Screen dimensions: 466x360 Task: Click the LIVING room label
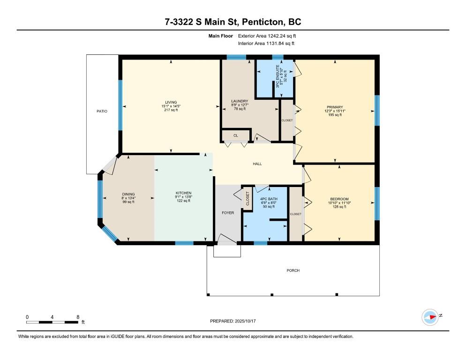pyautogui.click(x=171, y=102)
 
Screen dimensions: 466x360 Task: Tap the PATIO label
pyautogui.click(x=102, y=111)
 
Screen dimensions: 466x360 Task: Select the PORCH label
pyautogui.click(x=293, y=270)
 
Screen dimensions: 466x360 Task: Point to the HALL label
pyautogui.click(x=257, y=164)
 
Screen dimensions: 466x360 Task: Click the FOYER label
pyautogui.click(x=228, y=213)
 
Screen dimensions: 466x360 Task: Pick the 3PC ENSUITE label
pyautogui.click(x=278, y=76)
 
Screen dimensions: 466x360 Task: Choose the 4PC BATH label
pyautogui.click(x=269, y=199)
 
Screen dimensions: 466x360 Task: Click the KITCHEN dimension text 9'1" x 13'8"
pyautogui.click(x=183, y=197)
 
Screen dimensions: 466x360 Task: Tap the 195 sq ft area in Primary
pyautogui.click(x=335, y=115)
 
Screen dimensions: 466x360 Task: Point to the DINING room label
pyautogui.click(x=128, y=194)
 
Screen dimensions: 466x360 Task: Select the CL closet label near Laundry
pyautogui.click(x=236, y=135)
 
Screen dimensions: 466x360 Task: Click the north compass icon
pyautogui.click(x=430, y=317)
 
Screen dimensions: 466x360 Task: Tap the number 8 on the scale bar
pyautogui.click(x=78, y=317)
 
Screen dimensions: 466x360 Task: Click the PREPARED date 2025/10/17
pyautogui.click(x=245, y=321)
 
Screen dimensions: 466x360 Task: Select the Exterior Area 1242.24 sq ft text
pyautogui.click(x=267, y=36)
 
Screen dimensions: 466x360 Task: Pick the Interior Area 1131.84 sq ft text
pyautogui.click(x=266, y=44)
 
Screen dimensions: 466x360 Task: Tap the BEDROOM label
pyautogui.click(x=339, y=199)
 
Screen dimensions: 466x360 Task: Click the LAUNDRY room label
pyautogui.click(x=240, y=101)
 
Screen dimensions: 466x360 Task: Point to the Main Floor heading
pyautogui.click(x=220, y=36)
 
